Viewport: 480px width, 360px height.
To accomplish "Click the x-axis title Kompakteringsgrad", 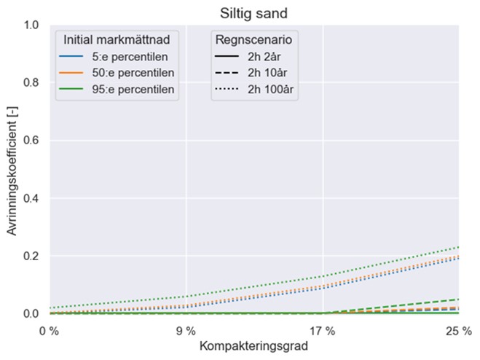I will [254, 346].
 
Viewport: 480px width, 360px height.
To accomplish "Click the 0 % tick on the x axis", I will [50, 329].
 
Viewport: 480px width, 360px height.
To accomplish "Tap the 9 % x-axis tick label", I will [186, 329].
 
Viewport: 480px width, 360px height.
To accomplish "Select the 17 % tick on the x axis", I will [323, 329].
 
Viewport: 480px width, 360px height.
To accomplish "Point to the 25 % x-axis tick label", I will [459, 329].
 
